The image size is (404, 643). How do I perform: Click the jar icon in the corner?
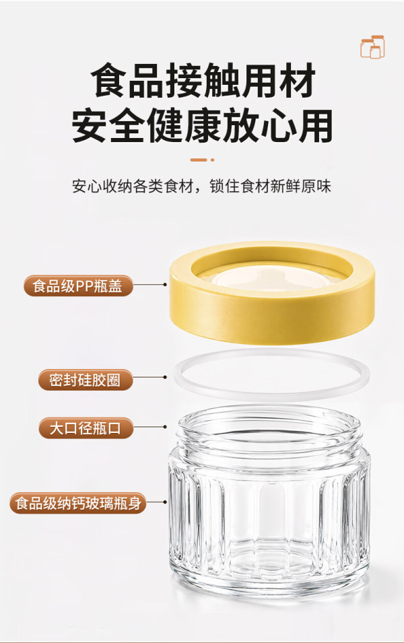click(372, 46)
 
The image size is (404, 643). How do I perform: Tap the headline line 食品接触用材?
click(203, 80)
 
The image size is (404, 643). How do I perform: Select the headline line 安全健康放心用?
click(202, 125)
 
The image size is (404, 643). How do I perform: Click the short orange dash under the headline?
click(199, 160)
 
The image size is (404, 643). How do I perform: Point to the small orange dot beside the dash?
click(212, 160)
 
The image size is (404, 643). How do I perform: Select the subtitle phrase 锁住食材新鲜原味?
click(270, 187)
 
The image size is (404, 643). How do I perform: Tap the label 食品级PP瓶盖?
click(78, 286)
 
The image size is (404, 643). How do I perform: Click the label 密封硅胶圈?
click(86, 380)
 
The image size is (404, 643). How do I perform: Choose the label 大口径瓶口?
click(86, 428)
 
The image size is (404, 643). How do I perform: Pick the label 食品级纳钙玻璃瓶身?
click(78, 503)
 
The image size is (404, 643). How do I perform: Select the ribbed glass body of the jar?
click(271, 521)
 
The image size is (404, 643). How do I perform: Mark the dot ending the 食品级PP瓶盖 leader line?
click(165, 284)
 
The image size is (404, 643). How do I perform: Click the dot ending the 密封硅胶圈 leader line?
click(165, 377)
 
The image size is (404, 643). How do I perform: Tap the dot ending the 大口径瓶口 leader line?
click(165, 427)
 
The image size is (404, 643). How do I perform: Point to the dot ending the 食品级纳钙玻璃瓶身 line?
click(165, 502)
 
